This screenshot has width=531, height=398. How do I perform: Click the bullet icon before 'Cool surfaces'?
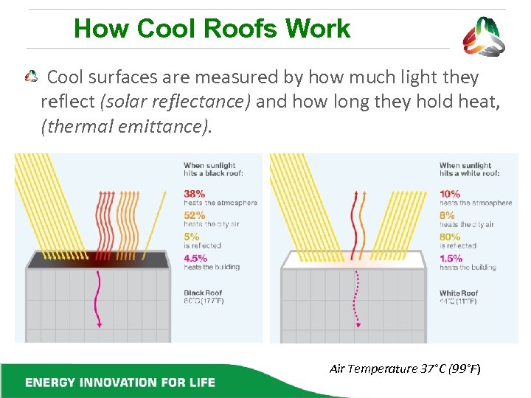pos(32,77)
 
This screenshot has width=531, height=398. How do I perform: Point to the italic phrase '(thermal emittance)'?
pos(126,127)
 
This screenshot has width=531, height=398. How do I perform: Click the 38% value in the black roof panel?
pos(194,194)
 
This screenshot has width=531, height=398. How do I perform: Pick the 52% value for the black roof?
pos(194,215)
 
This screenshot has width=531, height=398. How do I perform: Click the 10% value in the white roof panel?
pos(450,194)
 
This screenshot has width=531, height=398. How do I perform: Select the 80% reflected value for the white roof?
pos(450,237)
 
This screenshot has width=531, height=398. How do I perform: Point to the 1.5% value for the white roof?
pos(451,258)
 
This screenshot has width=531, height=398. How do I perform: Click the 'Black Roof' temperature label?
pos(204,296)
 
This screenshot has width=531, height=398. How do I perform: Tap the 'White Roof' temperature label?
pos(459,296)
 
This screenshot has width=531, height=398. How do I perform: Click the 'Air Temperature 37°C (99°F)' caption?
pos(405,369)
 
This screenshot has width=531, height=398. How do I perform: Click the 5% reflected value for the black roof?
pos(192,237)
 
